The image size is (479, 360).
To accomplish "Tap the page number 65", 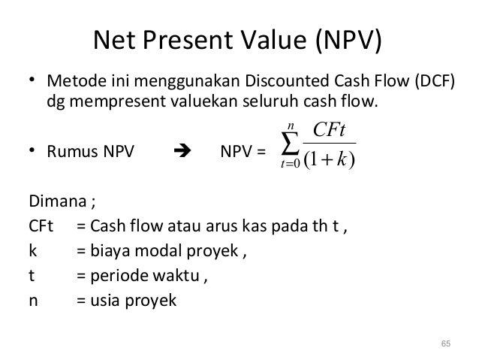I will pos(446,343).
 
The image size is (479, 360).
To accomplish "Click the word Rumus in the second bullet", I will pos(72,153).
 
